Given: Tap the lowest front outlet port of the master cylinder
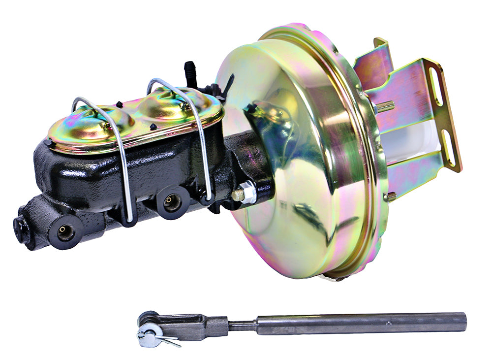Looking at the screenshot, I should click(x=65, y=232).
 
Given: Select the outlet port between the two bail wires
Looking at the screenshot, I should click(x=172, y=201).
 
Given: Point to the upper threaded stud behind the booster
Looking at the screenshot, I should click(x=386, y=105).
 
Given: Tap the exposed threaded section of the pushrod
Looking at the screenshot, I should click(x=242, y=325).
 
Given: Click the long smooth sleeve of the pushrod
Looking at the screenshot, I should click(x=359, y=323).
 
